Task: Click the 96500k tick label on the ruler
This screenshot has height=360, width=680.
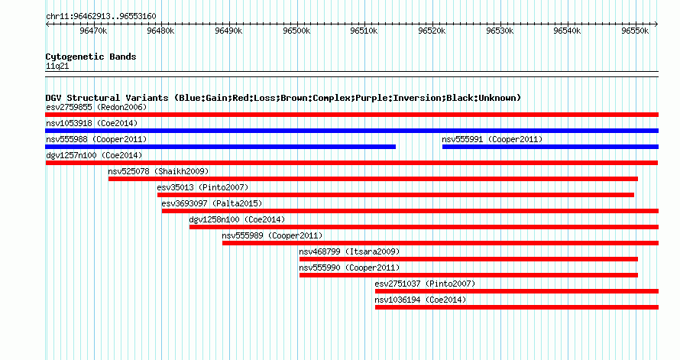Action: point(296,31)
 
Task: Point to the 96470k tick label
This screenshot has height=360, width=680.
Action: point(93,31)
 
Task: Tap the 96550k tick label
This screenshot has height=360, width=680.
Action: point(635,31)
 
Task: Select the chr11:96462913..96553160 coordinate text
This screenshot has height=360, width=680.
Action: point(101,17)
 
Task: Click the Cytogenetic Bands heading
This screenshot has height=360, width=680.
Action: point(91,57)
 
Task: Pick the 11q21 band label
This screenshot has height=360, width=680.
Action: point(57,66)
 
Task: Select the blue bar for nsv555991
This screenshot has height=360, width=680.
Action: point(550,147)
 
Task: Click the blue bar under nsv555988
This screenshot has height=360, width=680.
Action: point(220,147)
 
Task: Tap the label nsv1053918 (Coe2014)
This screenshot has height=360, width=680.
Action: point(92,123)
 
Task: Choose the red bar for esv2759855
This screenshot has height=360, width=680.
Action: point(351,115)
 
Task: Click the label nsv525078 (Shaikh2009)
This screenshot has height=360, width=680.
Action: point(158,171)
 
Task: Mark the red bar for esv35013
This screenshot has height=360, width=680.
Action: point(396,195)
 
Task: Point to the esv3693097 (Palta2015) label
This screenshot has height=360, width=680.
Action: point(212,203)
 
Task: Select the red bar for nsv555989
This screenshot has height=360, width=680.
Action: point(441,243)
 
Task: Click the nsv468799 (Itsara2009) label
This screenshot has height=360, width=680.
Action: point(349,251)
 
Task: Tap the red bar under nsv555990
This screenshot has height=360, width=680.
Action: point(468,275)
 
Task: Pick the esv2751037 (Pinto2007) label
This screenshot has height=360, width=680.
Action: point(425,284)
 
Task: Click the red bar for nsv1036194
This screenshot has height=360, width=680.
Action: point(517,307)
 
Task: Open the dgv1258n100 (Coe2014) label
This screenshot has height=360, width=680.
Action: point(237,219)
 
